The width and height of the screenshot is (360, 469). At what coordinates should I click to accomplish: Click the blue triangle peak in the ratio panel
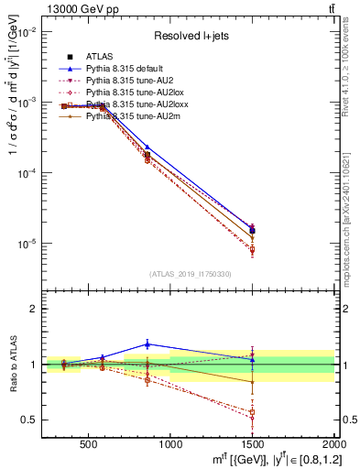point(147,344)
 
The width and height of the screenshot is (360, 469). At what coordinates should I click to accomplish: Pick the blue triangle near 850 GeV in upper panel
point(147,147)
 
